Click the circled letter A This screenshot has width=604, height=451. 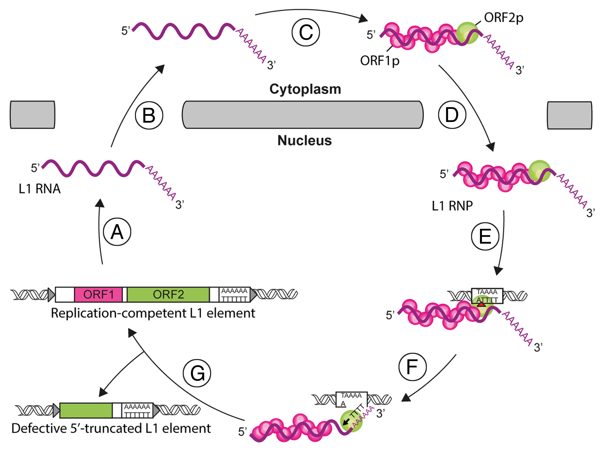point(117,232)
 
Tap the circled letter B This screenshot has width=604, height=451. point(149,115)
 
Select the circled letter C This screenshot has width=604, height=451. point(306,32)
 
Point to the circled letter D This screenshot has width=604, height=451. point(452,115)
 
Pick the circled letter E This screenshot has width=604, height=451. point(485,236)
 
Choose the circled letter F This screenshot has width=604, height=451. point(412,367)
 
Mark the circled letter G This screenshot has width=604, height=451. point(197,373)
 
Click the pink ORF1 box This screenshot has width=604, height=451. point(98,294)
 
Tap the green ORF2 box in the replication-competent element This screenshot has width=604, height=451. point(168,294)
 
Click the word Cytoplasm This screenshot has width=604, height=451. point(305,89)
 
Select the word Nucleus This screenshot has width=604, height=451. point(304,140)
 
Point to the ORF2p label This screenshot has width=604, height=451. point(503,17)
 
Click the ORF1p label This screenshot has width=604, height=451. point(380,61)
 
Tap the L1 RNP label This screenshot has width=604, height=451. point(452,206)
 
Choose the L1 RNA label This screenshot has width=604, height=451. point(40,189)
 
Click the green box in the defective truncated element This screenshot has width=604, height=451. point(86,410)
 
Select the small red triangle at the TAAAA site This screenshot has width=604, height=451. point(481,304)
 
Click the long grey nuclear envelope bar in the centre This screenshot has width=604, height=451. point(302,115)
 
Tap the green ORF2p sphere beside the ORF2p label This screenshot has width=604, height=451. point(467,33)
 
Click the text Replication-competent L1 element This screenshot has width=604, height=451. point(153,313)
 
